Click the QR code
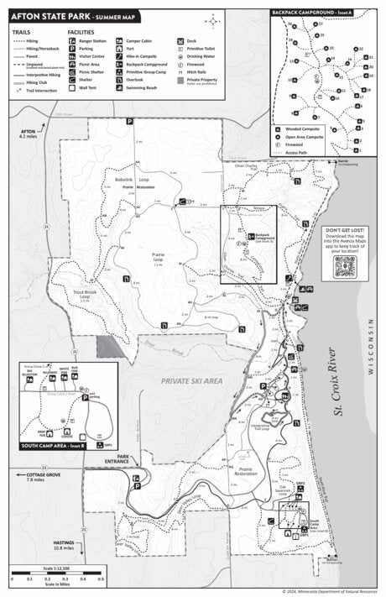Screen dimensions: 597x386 tap(346, 267)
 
